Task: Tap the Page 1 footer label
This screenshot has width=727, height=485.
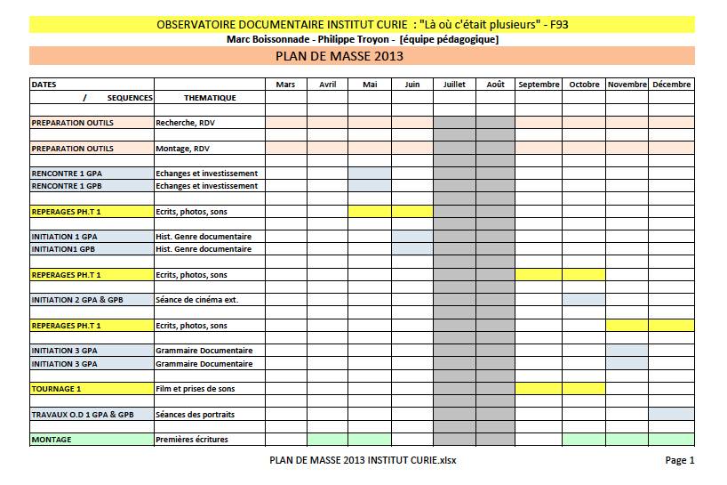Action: point(679,460)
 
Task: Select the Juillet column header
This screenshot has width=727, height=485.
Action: point(454,85)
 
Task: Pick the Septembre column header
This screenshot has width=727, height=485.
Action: point(539,85)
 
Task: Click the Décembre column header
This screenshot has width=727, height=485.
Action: point(671,85)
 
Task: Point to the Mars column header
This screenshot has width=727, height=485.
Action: point(285,85)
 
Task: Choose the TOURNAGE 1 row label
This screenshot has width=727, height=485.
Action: point(56,389)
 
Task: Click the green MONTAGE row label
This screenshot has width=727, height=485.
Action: point(52,440)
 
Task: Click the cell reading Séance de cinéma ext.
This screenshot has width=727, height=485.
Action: point(196,300)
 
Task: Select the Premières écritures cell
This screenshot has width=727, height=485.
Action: point(192,440)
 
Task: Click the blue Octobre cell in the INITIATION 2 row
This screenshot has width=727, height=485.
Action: point(583,300)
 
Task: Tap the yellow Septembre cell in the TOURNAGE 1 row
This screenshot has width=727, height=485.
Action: point(539,389)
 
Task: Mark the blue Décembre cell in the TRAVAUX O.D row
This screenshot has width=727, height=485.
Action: point(671,415)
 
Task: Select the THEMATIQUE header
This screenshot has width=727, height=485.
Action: point(210,98)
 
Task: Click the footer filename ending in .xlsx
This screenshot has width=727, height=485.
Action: point(363,460)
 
